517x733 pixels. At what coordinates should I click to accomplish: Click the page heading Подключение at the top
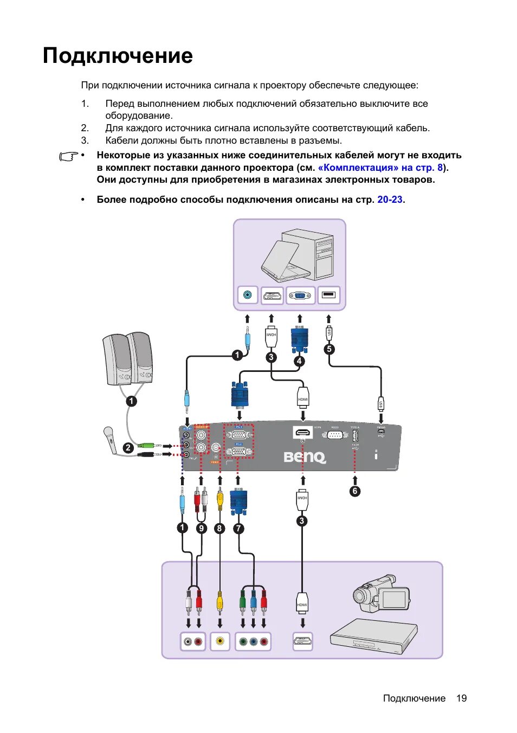coord(118,56)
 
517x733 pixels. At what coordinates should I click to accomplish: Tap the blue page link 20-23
coord(390,200)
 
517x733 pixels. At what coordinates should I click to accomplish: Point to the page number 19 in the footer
coord(461,698)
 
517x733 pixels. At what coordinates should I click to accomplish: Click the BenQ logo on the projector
coord(305,457)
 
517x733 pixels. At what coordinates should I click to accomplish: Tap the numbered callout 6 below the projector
coord(354,491)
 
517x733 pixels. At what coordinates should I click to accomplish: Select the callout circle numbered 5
coord(329,349)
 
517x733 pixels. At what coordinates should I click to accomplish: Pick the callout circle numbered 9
coord(201,528)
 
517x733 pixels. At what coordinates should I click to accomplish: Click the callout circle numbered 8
coord(219,528)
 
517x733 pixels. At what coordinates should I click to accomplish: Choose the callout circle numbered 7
coord(238,528)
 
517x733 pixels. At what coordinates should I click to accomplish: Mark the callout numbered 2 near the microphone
coord(128,448)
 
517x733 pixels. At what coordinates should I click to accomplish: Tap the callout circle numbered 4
coord(299,361)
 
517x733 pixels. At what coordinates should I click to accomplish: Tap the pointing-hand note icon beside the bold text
coord(68,157)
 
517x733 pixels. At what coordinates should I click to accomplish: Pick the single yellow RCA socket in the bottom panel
coord(219,641)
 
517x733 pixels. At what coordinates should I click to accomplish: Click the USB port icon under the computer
coord(328,295)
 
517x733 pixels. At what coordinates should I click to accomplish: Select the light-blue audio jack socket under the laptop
coord(248,295)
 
